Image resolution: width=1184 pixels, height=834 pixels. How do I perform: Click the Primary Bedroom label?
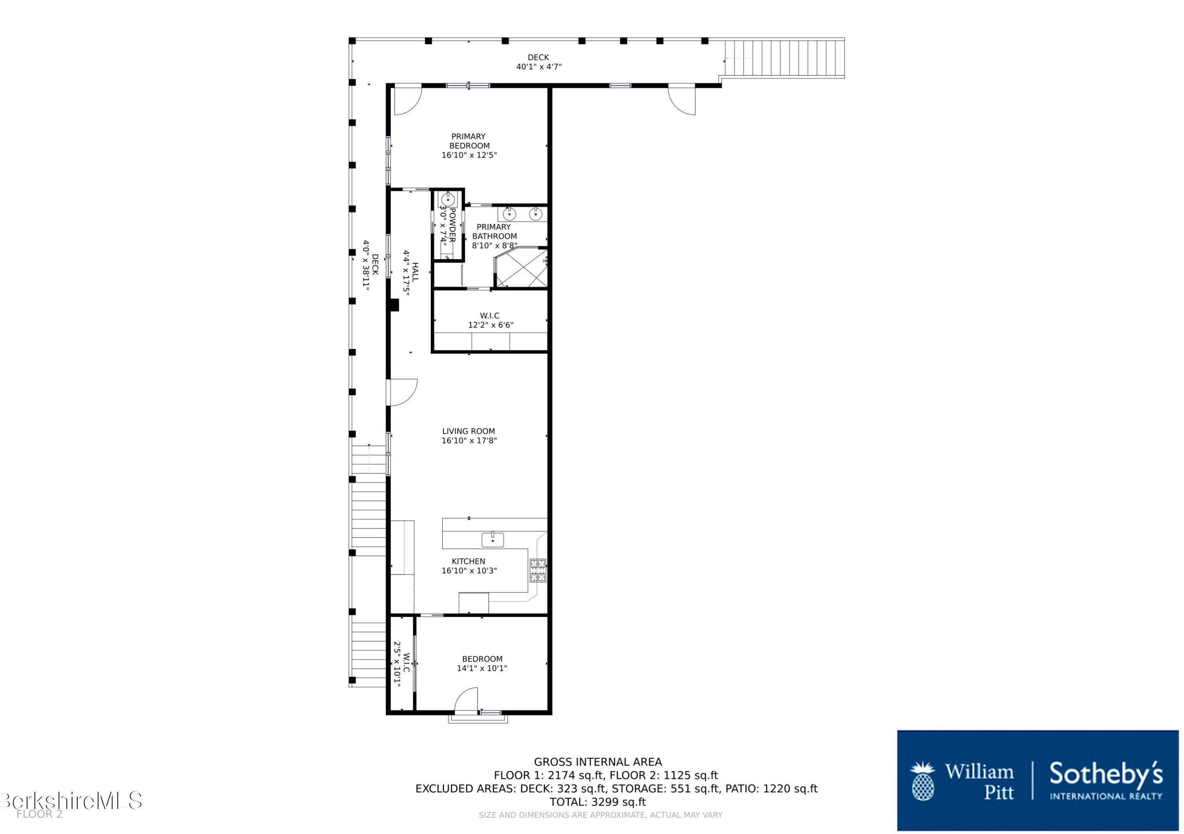pos(469,141)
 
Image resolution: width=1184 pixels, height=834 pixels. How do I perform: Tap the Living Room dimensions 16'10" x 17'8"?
pos(469,440)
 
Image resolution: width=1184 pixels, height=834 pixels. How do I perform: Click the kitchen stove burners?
pos(538,570)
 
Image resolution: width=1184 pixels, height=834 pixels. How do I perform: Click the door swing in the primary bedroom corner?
pos(406,101)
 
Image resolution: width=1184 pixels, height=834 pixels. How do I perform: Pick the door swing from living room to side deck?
pos(401,393)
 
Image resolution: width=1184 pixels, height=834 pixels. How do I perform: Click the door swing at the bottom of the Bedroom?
pos(467,700)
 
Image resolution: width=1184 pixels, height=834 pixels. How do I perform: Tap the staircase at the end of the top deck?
pos(783,58)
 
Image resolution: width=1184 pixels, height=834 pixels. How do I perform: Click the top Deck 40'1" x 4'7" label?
pos(538,62)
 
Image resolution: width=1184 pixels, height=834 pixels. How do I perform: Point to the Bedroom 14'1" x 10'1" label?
pos(482,663)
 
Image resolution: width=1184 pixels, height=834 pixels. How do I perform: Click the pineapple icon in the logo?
pos(922,782)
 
